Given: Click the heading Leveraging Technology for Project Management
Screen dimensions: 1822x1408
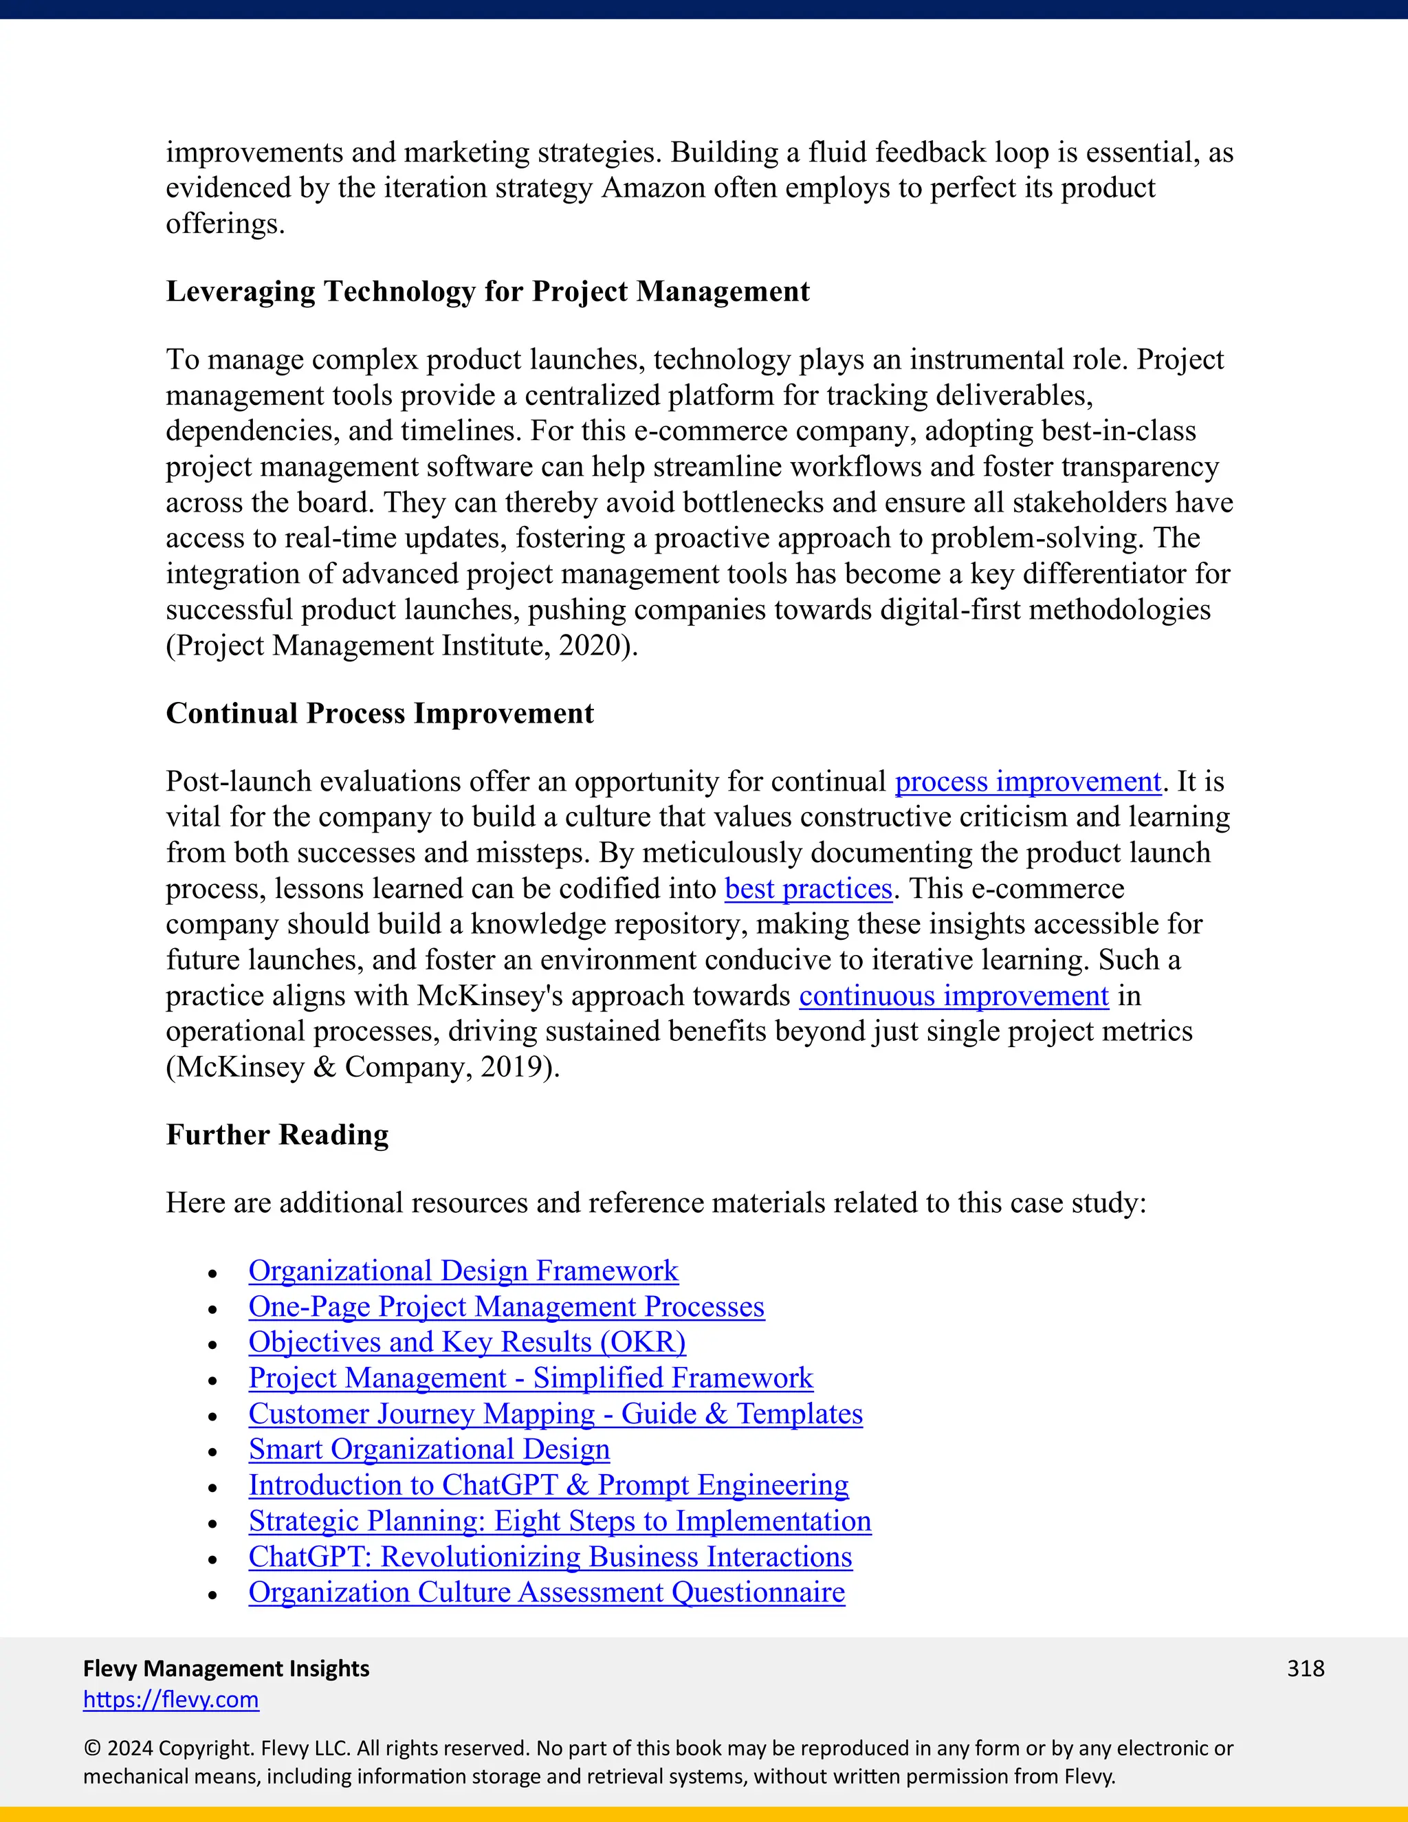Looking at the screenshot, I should point(487,291).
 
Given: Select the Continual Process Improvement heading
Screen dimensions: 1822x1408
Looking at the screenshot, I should point(379,713).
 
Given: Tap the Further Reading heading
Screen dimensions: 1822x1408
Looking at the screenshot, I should point(277,1134).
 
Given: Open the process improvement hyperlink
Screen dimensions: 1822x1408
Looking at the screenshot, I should point(1028,782).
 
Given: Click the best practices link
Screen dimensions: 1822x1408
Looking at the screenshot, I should point(808,888).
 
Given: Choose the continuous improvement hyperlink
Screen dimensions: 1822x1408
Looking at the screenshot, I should point(954,996).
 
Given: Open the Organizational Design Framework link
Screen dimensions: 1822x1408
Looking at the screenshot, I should point(463,1271).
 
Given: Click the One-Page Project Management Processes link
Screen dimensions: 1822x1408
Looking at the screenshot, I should point(506,1306).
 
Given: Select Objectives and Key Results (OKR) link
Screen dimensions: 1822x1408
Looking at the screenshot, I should point(467,1342).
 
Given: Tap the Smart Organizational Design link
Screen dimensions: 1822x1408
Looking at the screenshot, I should point(429,1449).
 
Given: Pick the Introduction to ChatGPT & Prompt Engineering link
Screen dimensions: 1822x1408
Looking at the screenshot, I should point(548,1485).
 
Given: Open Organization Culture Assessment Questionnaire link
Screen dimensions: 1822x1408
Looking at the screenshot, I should point(547,1592).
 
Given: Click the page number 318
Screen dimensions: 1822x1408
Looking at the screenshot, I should point(1306,1669).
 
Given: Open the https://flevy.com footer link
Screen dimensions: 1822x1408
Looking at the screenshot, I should point(171,1700).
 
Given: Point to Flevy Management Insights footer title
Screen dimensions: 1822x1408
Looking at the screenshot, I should point(226,1669).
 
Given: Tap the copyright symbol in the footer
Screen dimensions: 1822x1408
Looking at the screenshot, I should point(91,1748).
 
